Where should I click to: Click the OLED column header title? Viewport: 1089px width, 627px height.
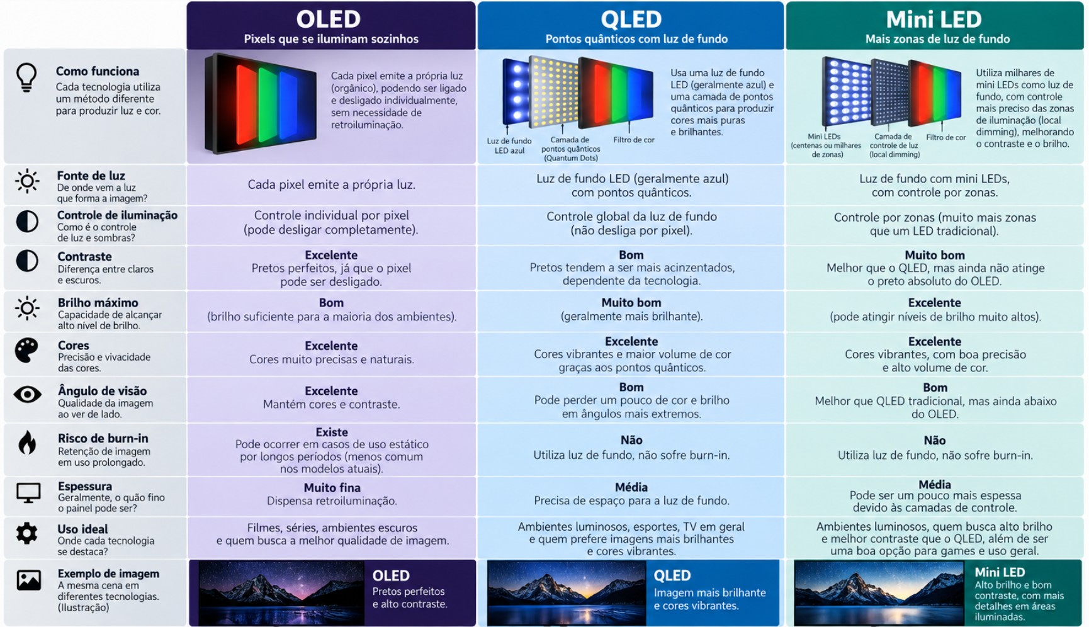pyautogui.click(x=328, y=19)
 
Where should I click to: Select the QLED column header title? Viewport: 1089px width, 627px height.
pyautogui.click(x=631, y=19)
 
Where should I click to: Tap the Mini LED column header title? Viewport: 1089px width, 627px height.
pyautogui.click(x=934, y=19)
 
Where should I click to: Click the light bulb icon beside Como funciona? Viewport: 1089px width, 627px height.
pyautogui.click(x=26, y=77)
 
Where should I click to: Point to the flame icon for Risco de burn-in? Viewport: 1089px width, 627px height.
pyautogui.click(x=27, y=443)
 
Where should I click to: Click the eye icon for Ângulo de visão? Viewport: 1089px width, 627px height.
pyautogui.click(x=27, y=395)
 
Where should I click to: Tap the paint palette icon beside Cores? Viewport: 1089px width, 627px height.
pyautogui.click(x=26, y=350)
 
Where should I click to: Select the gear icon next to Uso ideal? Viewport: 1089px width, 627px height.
pyautogui.click(x=26, y=533)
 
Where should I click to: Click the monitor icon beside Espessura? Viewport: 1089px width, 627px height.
pyautogui.click(x=28, y=493)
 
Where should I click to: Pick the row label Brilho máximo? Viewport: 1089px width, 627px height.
pyautogui.click(x=98, y=303)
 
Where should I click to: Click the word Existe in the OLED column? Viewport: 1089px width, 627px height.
pyautogui.click(x=332, y=432)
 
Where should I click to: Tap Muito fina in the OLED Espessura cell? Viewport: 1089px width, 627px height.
pyautogui.click(x=332, y=488)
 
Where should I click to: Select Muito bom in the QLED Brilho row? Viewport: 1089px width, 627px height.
pyautogui.click(x=631, y=303)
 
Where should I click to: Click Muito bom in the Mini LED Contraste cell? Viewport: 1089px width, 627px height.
pyautogui.click(x=935, y=256)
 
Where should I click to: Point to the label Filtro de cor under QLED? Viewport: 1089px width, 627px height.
pyautogui.click(x=634, y=140)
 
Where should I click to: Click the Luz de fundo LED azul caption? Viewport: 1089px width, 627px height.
pyautogui.click(x=509, y=146)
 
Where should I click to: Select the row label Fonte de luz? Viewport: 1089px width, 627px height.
pyautogui.click(x=91, y=176)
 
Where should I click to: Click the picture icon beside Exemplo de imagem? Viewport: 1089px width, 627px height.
pyautogui.click(x=29, y=580)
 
